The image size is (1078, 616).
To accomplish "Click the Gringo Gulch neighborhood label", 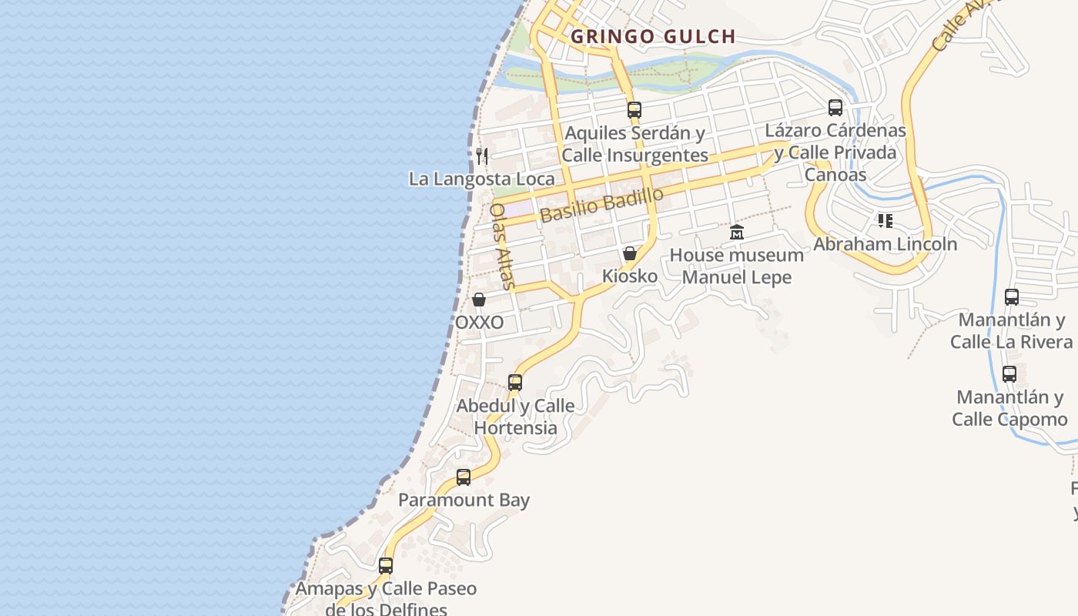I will click(x=653, y=36).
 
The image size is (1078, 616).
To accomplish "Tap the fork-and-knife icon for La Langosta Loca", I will click(x=482, y=156).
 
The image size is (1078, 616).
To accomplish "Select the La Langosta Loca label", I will click(x=481, y=179).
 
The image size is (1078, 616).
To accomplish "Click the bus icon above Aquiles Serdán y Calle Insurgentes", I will click(x=634, y=110).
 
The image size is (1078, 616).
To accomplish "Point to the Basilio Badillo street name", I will click(x=601, y=205).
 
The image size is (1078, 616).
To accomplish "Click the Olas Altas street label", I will click(x=501, y=246).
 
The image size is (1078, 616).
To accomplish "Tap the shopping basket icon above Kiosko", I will click(x=630, y=253).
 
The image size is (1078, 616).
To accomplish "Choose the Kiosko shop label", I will click(x=630, y=276).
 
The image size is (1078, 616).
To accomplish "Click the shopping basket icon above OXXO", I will click(x=479, y=300).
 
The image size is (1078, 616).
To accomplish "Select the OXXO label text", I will click(x=479, y=322).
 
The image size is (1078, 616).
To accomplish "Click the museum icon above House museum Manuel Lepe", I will click(x=737, y=232).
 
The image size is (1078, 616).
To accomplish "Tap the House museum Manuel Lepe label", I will click(x=737, y=266).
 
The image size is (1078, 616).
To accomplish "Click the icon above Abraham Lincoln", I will click(x=885, y=222).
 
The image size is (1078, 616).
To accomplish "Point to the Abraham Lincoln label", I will click(x=885, y=244).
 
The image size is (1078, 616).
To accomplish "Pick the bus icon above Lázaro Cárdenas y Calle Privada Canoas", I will click(x=835, y=108).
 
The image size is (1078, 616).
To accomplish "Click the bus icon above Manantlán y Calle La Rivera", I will click(x=1012, y=297).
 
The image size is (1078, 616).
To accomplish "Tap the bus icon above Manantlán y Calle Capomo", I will click(x=1009, y=375).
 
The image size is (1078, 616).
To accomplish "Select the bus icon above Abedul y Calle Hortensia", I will click(x=515, y=383).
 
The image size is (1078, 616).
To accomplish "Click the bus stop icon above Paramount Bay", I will click(x=464, y=477).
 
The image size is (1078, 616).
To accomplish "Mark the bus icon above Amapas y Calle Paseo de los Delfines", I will click(x=386, y=566).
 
